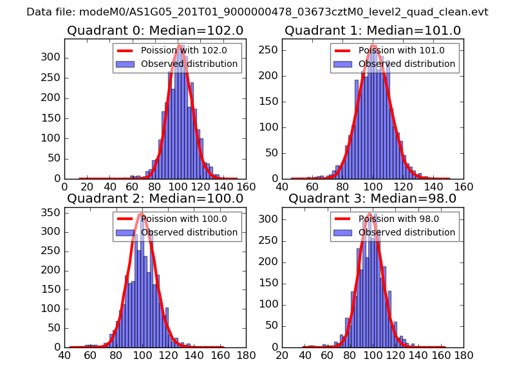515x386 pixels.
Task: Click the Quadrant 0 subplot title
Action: (155, 30)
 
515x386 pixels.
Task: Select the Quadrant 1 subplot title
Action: (373, 30)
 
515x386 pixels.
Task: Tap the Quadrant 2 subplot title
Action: (155, 198)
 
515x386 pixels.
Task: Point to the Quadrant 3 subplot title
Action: (373, 198)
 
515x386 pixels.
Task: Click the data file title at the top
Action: (257, 12)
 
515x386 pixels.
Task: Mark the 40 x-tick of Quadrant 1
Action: (282, 187)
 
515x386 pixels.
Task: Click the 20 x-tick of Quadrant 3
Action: (282, 355)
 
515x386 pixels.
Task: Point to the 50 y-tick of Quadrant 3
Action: (272, 327)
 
